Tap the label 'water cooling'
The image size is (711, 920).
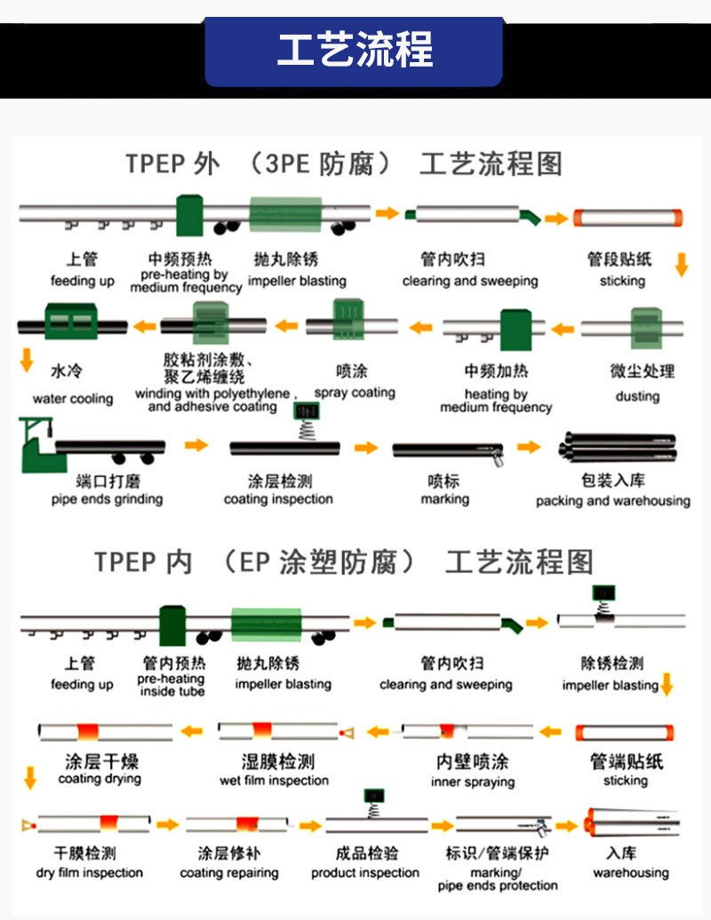click(73, 399)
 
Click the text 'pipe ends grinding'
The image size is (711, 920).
click(107, 499)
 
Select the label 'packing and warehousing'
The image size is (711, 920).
click(612, 501)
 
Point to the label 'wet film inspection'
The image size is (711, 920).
click(275, 781)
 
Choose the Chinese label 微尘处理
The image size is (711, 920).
click(642, 372)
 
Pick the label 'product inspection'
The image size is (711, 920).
click(365, 873)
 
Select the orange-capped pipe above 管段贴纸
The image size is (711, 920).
click(627, 218)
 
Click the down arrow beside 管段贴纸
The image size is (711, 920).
click(683, 263)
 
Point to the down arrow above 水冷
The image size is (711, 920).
click(26, 360)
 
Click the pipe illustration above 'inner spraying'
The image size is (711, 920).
click(467, 731)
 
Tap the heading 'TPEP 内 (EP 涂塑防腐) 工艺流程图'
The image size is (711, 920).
click(343, 562)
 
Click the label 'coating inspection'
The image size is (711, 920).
click(278, 499)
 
